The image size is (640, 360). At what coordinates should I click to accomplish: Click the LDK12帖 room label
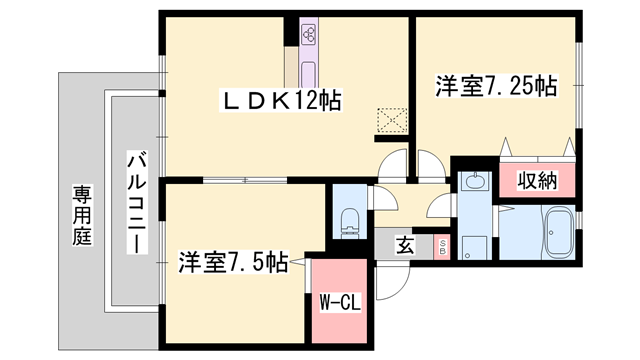pos(281,100)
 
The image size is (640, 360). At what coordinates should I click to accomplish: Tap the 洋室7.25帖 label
pos(496,86)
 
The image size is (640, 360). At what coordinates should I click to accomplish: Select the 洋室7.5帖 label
pos(233,262)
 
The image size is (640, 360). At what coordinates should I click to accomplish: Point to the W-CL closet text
pos(340,303)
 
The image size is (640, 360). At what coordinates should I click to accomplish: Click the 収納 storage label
pos(537,180)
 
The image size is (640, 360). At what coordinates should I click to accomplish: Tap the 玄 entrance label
pos(405,246)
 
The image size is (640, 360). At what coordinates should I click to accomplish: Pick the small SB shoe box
pos(442,247)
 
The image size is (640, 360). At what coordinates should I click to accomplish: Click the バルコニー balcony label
pos(137,202)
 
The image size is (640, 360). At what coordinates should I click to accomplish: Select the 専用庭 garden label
pos(82,215)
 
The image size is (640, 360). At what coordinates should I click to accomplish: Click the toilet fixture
pos(350,222)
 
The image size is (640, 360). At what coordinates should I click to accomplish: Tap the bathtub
pos(559,232)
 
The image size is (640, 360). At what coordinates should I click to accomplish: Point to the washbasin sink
pos(474,180)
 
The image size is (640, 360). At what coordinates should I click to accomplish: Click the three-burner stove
pos(309,36)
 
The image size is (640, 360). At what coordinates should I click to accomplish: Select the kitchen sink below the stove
pos(309,74)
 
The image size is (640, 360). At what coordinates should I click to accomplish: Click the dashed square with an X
pos(392,120)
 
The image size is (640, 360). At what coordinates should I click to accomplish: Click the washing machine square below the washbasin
pos(474,247)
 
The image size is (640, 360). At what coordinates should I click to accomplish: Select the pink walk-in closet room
pos(340,301)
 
